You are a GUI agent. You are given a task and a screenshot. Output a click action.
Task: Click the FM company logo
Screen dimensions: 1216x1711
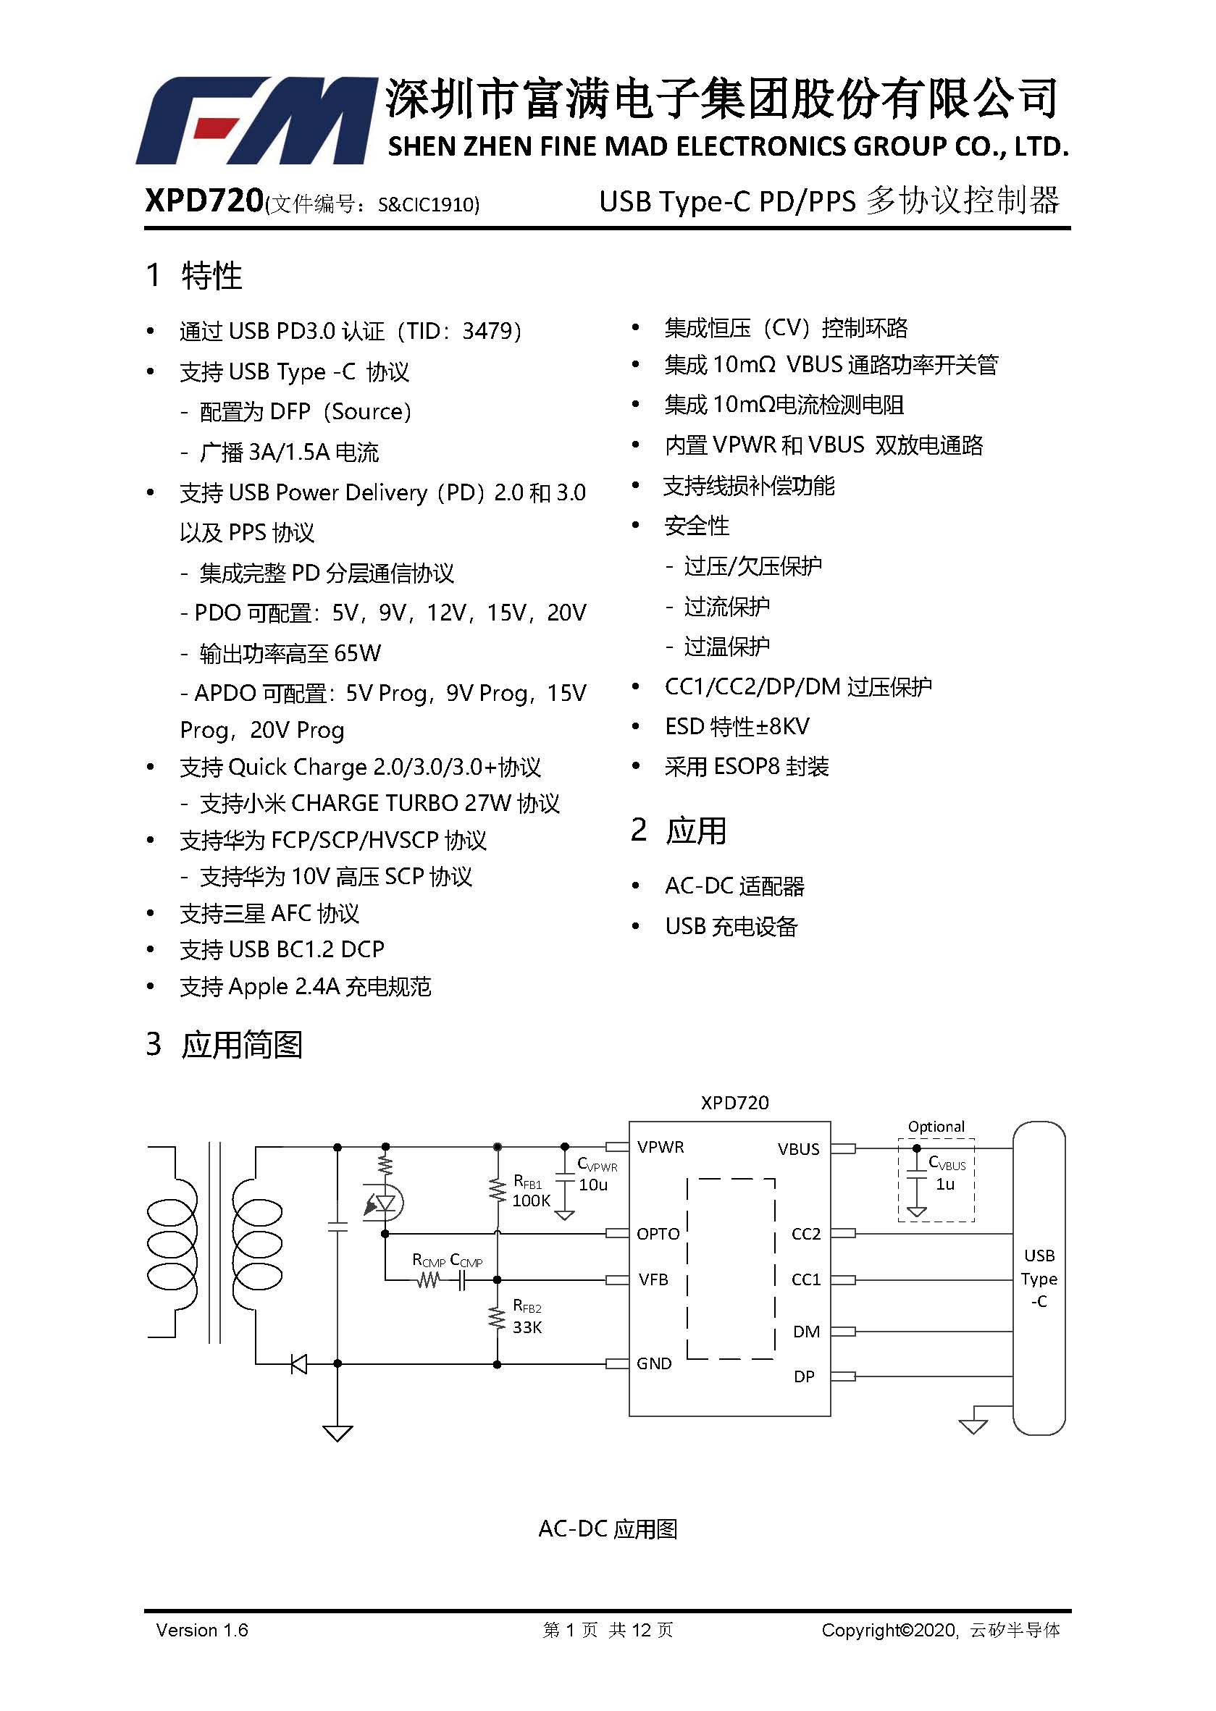point(256,119)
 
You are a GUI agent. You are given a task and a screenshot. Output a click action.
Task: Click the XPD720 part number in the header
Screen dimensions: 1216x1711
point(204,201)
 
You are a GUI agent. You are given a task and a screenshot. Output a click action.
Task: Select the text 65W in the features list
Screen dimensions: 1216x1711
point(357,652)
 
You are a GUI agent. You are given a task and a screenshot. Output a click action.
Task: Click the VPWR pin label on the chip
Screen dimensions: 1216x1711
point(661,1147)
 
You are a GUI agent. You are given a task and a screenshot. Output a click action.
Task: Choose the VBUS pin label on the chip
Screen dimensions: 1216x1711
point(798,1149)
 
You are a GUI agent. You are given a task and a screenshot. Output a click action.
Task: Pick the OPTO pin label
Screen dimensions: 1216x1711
point(658,1234)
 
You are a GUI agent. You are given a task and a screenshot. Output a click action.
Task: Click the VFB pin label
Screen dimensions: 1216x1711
point(653,1279)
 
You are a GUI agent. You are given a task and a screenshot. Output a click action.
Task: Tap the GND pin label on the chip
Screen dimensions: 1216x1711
point(654,1363)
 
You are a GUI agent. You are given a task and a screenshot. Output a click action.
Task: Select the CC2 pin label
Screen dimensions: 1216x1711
point(805,1234)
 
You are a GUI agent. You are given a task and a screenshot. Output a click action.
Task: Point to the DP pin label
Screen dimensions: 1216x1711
point(804,1376)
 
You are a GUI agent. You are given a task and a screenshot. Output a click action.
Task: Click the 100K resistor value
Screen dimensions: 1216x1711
point(531,1201)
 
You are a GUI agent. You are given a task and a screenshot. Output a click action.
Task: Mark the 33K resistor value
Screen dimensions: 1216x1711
point(527,1327)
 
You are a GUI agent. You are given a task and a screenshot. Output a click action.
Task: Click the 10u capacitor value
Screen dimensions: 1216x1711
point(593,1184)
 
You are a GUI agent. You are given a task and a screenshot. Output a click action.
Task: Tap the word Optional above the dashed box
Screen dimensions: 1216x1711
point(936,1126)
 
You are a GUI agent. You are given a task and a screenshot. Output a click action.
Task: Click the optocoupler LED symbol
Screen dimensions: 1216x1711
point(383,1203)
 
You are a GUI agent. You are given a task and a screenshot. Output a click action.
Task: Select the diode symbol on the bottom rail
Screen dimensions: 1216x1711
point(299,1363)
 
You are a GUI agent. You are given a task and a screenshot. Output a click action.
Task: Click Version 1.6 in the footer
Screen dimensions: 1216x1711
point(202,1629)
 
